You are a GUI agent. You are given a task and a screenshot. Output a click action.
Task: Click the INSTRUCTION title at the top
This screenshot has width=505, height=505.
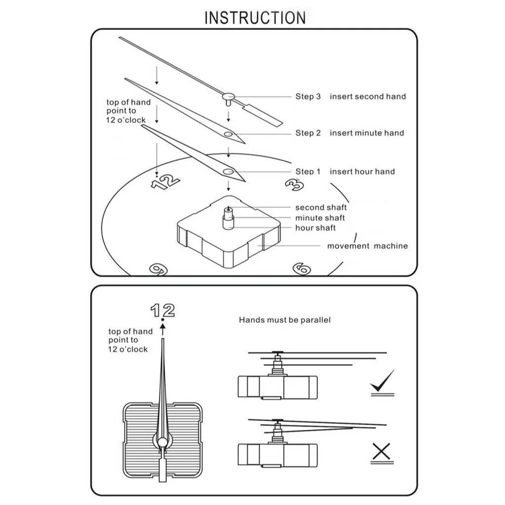pos(255,17)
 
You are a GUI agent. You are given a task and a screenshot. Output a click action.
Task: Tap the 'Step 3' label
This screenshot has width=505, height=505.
pos(308,96)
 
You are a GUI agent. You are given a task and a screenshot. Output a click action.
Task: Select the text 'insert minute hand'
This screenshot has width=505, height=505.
pos(367,133)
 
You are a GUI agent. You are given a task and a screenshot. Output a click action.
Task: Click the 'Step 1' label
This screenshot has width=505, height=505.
pos(308,172)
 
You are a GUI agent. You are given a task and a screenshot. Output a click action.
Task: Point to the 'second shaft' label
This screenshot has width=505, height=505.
pos(321,207)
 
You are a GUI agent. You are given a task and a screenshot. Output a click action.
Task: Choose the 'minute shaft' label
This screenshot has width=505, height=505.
pos(320,218)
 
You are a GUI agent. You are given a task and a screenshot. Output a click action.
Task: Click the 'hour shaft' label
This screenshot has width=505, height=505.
pos(315,228)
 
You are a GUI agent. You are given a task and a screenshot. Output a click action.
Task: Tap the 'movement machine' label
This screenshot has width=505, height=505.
pos(367,246)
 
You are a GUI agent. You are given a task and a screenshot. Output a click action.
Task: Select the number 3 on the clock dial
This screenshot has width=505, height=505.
pos(295,184)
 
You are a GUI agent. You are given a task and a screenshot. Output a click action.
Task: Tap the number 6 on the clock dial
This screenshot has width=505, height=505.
pos(301,268)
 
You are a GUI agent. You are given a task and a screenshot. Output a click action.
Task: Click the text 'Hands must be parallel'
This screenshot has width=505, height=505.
pos(285,320)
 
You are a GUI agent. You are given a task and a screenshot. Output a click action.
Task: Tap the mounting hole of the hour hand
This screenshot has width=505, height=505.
pos(229,172)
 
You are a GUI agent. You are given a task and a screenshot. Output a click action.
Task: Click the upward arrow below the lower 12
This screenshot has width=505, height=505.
pos(162,329)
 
